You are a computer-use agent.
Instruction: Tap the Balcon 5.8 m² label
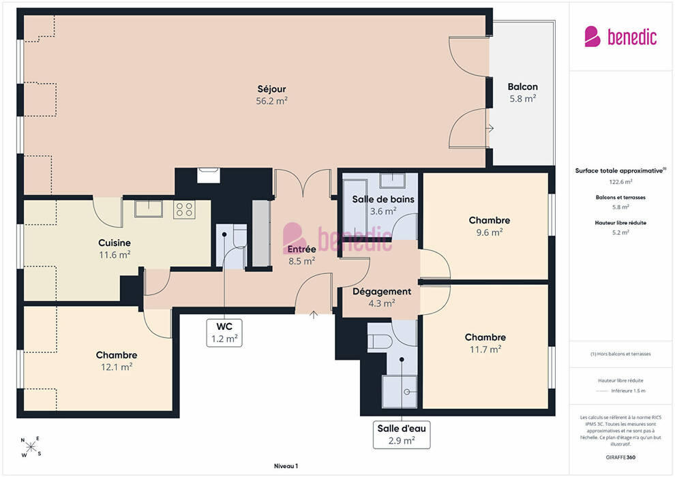pos(522,93)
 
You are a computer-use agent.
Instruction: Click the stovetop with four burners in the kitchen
pos(184,209)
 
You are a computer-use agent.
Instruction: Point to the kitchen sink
pos(148,209)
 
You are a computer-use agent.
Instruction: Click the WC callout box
pos(224,333)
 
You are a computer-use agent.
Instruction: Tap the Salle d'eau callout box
pos(402,435)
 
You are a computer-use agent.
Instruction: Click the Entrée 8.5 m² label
pos(302,255)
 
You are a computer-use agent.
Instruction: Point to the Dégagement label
pos(382,292)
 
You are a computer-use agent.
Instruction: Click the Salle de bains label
pos(383,199)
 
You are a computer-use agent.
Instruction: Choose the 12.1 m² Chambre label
pos(117,361)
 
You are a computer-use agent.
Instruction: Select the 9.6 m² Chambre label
pos(490,226)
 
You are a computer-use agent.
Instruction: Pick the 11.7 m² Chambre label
pos(485,343)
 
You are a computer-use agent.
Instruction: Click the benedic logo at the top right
pos(620,37)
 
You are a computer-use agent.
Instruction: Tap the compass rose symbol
pos(31,447)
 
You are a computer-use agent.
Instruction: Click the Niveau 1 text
pos(286,466)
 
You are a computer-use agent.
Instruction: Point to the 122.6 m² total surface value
pos(620,181)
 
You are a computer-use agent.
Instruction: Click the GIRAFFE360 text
pos(620,457)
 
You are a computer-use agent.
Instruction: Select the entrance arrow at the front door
pos(314,315)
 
